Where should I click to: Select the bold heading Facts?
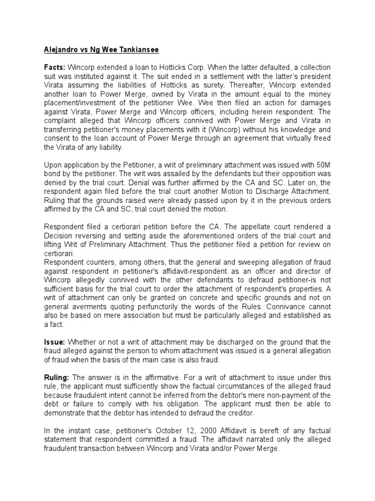[x=55, y=67]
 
